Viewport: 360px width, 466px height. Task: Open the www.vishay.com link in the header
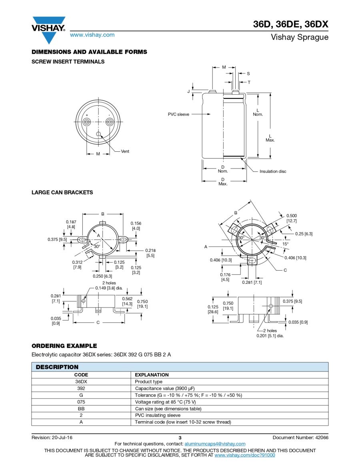click(x=92, y=35)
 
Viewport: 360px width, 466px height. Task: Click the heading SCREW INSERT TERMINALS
click(x=68, y=62)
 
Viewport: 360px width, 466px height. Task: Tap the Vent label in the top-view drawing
click(x=125, y=151)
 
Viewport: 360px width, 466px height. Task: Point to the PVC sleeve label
click(x=178, y=114)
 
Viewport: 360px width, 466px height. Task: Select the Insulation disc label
click(x=273, y=171)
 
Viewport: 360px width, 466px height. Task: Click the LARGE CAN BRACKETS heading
click(x=62, y=193)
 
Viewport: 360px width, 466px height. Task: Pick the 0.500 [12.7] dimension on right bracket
click(x=292, y=218)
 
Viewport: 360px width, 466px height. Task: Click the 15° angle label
click(x=285, y=244)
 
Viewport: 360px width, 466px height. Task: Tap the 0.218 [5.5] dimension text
click(x=150, y=253)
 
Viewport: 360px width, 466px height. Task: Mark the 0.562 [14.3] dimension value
click(x=128, y=301)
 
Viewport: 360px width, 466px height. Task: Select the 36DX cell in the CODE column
click(x=81, y=382)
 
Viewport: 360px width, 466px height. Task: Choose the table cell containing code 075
click(x=81, y=402)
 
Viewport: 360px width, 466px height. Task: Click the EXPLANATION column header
click(x=152, y=375)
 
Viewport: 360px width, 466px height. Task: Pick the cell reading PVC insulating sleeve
click(x=158, y=415)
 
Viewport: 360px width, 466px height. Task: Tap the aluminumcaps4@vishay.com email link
click(x=215, y=444)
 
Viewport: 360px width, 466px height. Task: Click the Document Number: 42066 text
click(x=300, y=438)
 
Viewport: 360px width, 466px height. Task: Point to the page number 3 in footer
click(x=180, y=438)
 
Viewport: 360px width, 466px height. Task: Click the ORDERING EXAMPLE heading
click(x=64, y=346)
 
